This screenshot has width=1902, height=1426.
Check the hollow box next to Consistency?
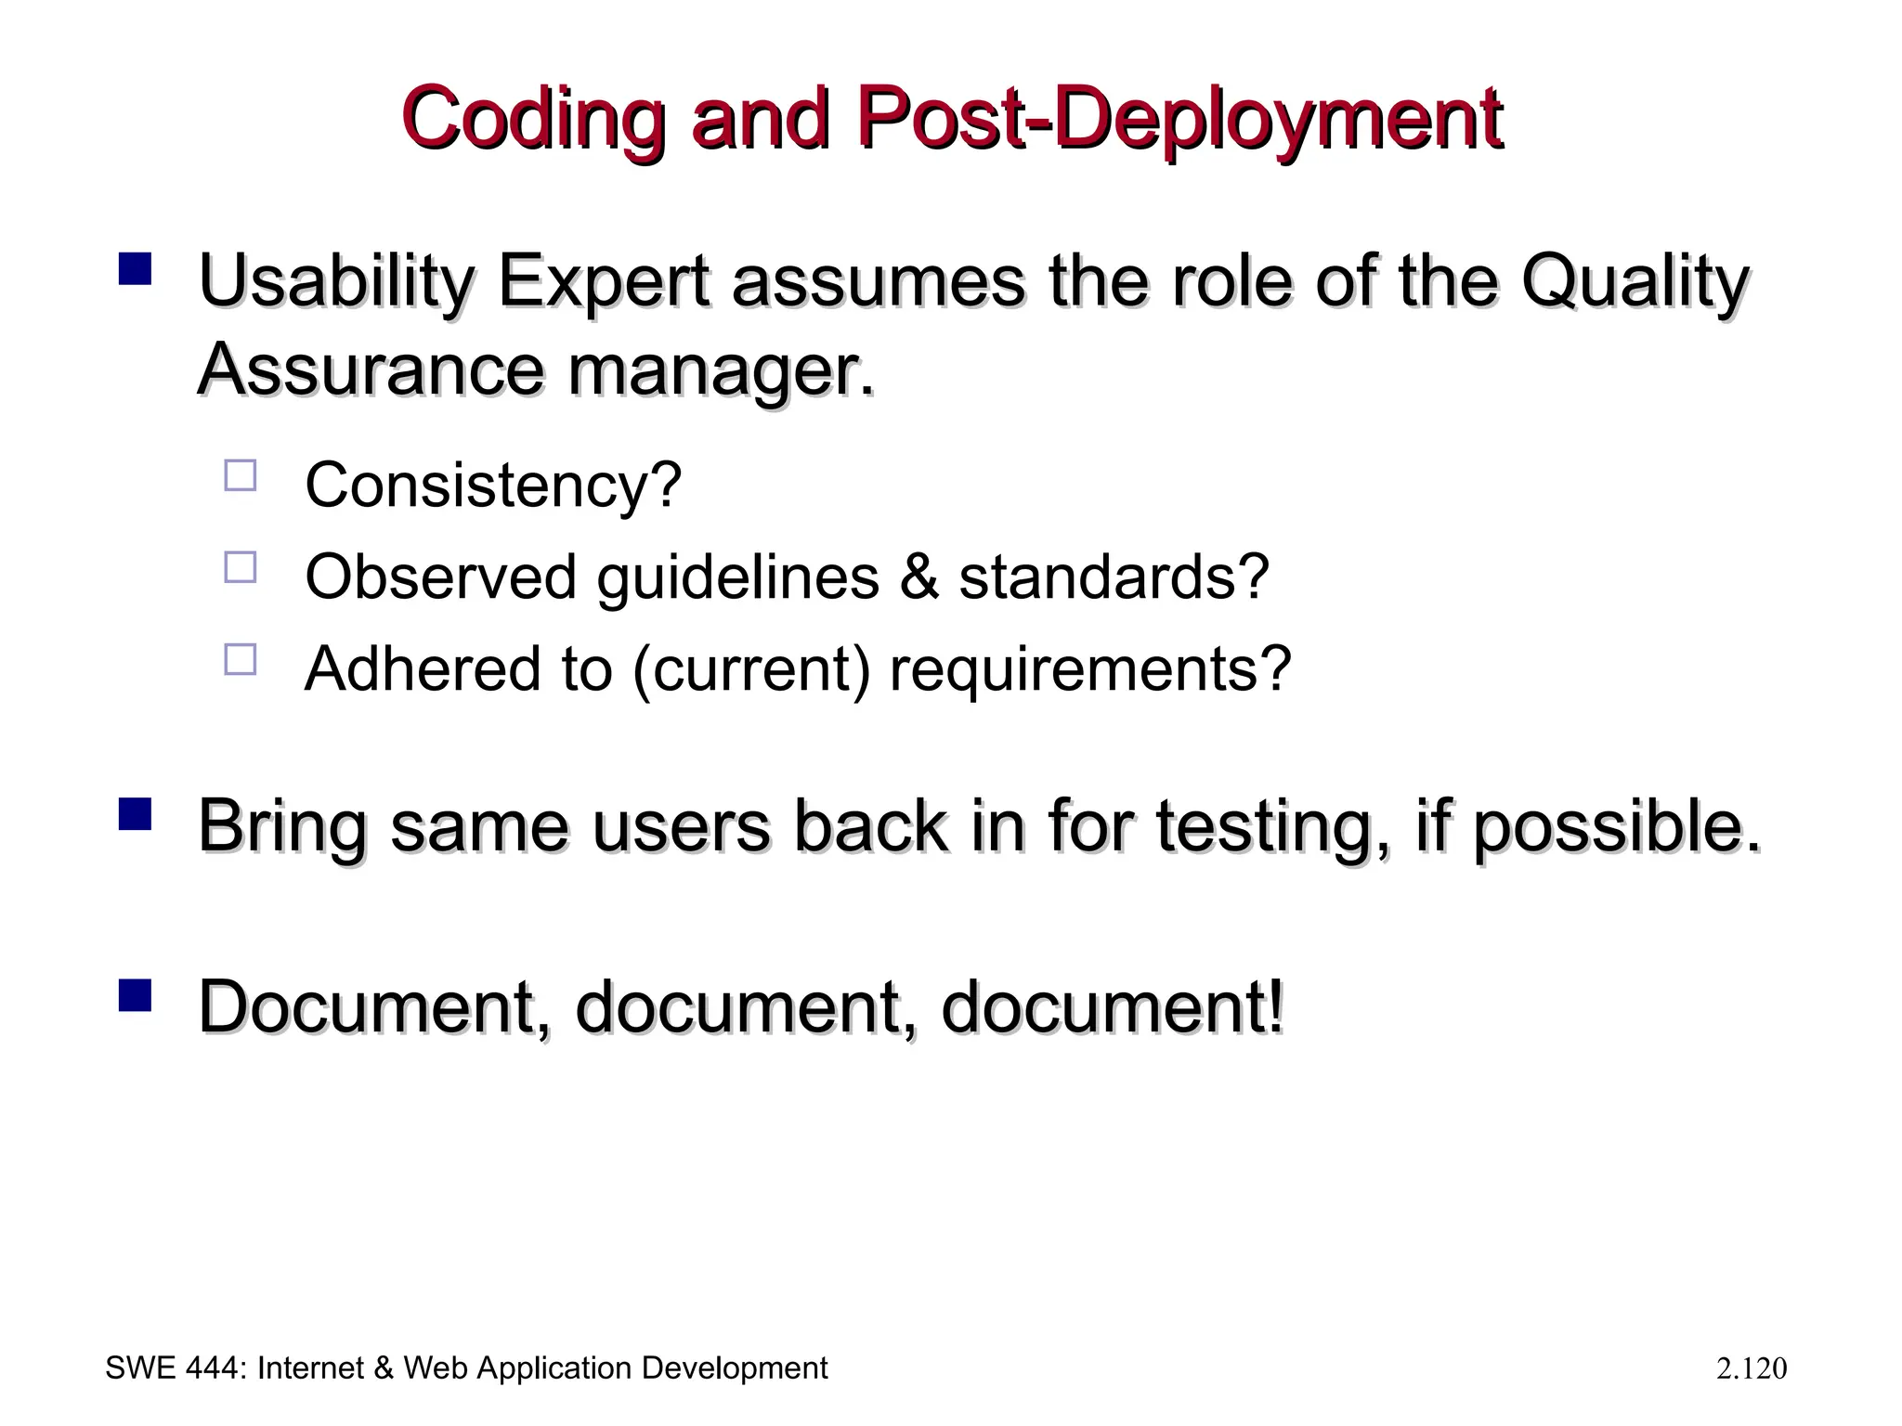[x=241, y=475]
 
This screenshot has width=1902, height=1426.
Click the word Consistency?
[x=493, y=485]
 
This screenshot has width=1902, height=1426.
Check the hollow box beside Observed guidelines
[x=241, y=566]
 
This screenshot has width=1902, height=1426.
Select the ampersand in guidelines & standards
[x=918, y=577]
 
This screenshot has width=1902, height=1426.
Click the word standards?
[x=1113, y=577]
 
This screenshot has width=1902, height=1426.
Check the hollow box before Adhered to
[x=241, y=659]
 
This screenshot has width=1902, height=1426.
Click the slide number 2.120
[x=1751, y=1368]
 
